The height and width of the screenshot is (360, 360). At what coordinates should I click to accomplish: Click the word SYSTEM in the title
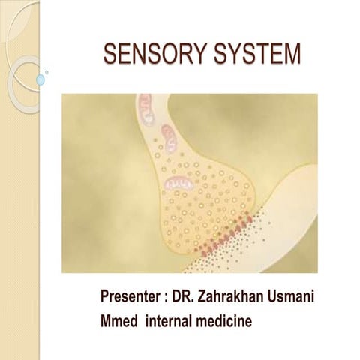258,55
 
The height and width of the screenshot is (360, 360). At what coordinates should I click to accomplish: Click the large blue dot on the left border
40,79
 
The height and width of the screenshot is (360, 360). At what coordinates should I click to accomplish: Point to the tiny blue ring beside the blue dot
47,73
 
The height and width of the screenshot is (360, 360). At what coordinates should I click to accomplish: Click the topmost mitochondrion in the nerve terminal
147,109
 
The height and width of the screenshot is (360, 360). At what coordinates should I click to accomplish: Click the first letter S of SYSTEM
218,55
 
